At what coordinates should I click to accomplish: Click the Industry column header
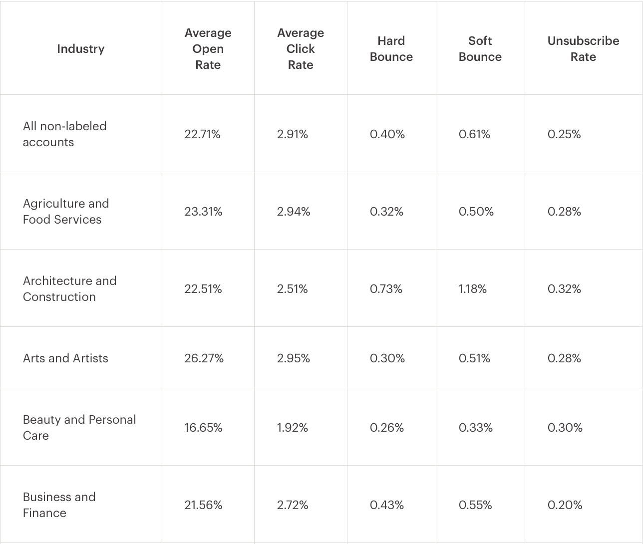[81, 49]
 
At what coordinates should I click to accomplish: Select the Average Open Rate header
[208, 49]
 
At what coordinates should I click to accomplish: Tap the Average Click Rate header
[301, 49]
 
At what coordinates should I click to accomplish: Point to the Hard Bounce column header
[391, 49]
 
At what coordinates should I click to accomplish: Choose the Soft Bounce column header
[480, 49]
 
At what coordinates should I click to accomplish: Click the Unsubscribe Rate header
[583, 49]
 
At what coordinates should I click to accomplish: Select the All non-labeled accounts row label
[65, 134]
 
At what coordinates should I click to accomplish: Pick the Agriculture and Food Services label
[66, 212]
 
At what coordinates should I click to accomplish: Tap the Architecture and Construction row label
[69, 289]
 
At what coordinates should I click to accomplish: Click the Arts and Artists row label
[65, 358]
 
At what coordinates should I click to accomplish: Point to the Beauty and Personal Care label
[79, 428]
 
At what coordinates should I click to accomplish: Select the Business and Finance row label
[59, 505]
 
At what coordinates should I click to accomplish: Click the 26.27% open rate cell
[204, 358]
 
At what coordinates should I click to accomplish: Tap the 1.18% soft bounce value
[472, 289]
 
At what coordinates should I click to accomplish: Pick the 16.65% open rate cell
[203, 428]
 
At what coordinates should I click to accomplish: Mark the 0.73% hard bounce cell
[386, 289]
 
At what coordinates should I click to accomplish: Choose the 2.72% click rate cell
[293, 505]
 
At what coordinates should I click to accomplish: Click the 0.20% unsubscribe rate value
[565, 505]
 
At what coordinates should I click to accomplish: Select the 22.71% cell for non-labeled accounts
[202, 134]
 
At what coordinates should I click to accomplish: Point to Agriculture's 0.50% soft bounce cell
[476, 212]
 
